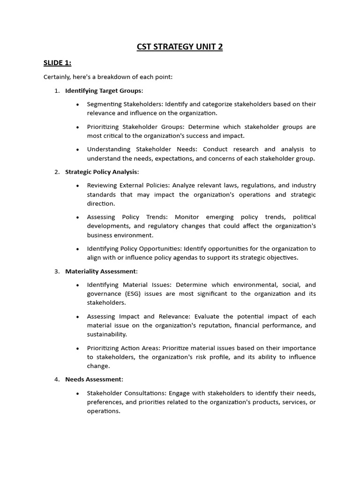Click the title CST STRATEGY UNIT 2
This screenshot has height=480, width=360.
click(x=180, y=46)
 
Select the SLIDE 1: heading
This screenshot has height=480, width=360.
click(x=58, y=63)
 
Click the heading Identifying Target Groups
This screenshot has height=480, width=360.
click(x=103, y=90)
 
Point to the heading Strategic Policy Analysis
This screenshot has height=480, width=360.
click(x=102, y=172)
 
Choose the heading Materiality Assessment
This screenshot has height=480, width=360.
click(x=101, y=271)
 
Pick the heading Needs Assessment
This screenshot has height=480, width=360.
click(x=94, y=379)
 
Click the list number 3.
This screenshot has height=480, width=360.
click(x=56, y=271)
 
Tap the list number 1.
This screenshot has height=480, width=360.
click(x=56, y=90)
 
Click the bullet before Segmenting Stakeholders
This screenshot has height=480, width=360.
click(x=77, y=104)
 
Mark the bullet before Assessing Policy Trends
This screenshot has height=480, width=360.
click(x=77, y=217)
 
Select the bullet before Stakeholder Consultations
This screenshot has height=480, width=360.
click(x=77, y=393)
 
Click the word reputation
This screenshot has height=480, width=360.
click(x=220, y=325)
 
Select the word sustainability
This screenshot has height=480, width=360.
click(x=106, y=334)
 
